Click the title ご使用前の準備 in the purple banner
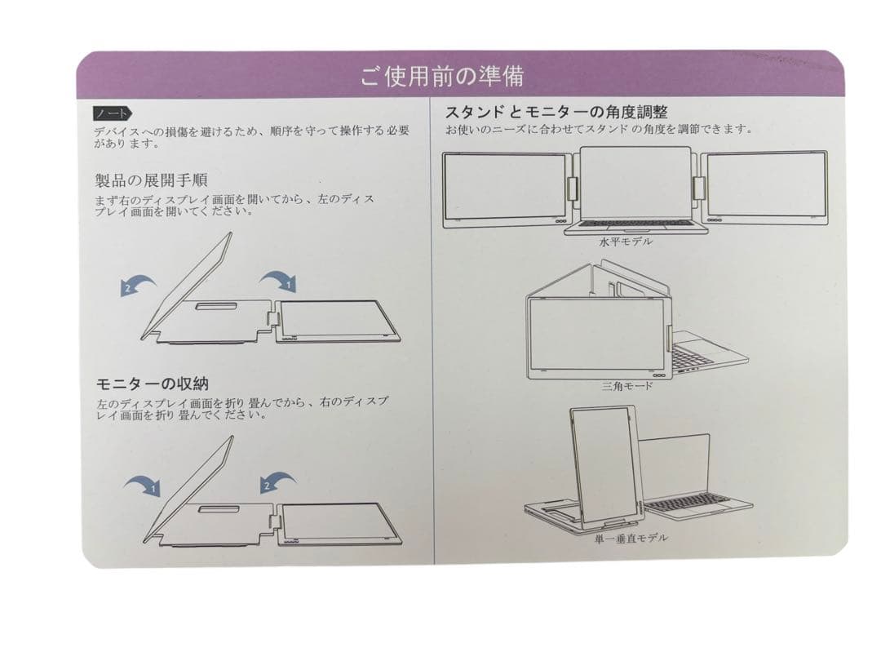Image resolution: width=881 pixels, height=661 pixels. pos(441,76)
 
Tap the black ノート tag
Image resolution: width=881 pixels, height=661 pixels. pos(111,113)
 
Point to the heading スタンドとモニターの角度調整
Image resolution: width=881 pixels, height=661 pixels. pos(556,112)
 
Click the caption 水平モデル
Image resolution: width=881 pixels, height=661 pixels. pos(626,242)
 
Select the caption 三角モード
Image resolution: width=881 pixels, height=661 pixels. pos(627,386)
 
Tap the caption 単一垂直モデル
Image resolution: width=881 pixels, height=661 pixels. pos(631,538)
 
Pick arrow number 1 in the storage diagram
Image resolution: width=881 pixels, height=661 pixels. pos(143,487)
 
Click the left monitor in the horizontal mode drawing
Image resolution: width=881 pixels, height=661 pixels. pos(506,186)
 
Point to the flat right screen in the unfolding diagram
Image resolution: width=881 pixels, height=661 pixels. pos(336,320)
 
